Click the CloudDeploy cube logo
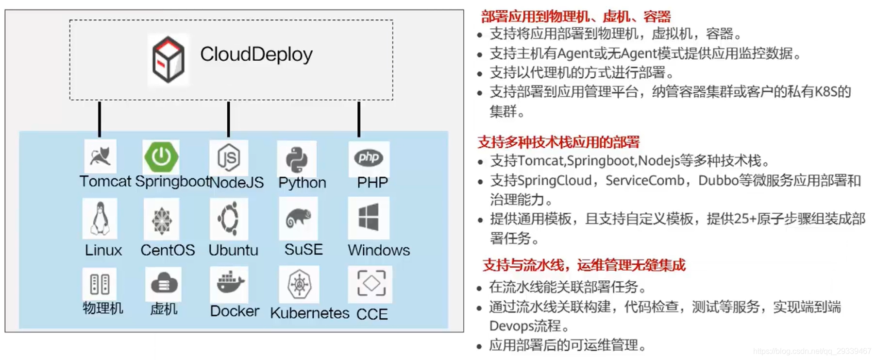point(168,59)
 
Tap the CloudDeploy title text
point(256,54)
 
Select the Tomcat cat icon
point(101,156)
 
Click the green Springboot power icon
point(162,156)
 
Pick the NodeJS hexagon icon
point(229,157)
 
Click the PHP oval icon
point(369,157)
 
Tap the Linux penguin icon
point(100,219)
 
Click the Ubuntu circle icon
point(229,219)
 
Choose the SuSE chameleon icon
point(298,218)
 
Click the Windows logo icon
point(369,217)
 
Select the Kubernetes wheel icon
point(299,284)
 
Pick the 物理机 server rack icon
point(100,284)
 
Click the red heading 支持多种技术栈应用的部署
point(559,142)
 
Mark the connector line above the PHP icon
point(359,119)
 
